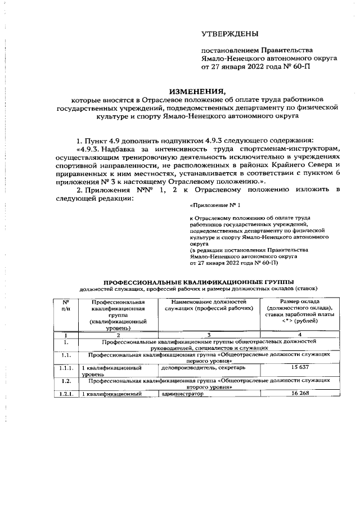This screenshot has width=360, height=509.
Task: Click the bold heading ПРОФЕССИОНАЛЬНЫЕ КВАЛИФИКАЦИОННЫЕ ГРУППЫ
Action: pyautogui.click(x=197, y=281)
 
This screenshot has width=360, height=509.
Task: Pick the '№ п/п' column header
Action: pyautogui.click(x=66, y=306)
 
